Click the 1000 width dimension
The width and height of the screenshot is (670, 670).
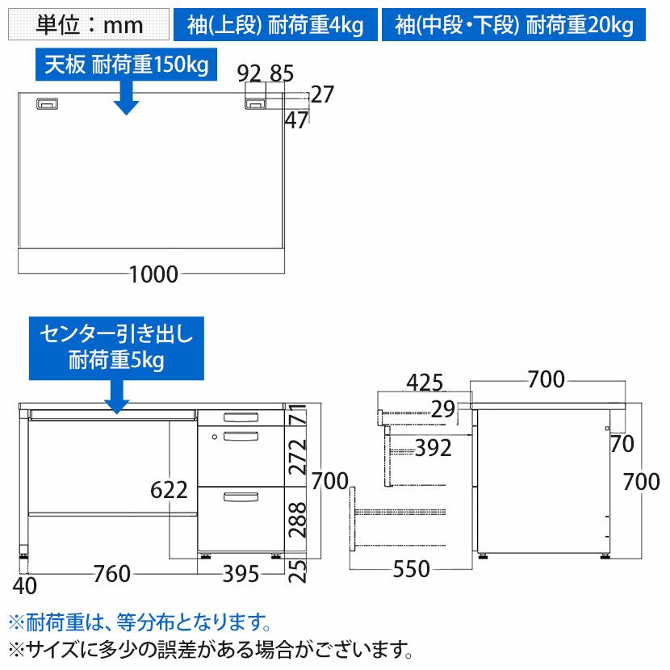153,274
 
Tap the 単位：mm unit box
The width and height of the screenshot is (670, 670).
89,24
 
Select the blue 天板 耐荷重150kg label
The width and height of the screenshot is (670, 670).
126,64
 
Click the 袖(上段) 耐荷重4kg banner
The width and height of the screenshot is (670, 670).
275,24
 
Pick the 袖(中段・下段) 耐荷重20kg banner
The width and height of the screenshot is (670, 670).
513,24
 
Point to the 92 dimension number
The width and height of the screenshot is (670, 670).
249,73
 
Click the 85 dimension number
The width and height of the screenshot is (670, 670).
282,73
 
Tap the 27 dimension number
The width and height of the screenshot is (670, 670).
322,94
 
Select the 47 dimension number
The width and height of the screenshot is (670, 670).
296,120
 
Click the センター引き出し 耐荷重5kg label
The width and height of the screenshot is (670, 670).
116,348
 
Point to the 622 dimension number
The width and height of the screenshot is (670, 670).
169,490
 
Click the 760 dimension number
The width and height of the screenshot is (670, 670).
112,573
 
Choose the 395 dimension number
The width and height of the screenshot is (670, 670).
241,573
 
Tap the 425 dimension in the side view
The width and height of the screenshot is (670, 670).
425,383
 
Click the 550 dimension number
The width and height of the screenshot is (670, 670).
411,569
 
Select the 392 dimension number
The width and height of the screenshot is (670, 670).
433,448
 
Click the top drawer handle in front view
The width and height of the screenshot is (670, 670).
241,417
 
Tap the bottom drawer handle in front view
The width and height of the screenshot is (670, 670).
241,496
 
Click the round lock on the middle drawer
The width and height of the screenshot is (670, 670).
215,437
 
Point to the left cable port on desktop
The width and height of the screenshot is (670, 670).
47,104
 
